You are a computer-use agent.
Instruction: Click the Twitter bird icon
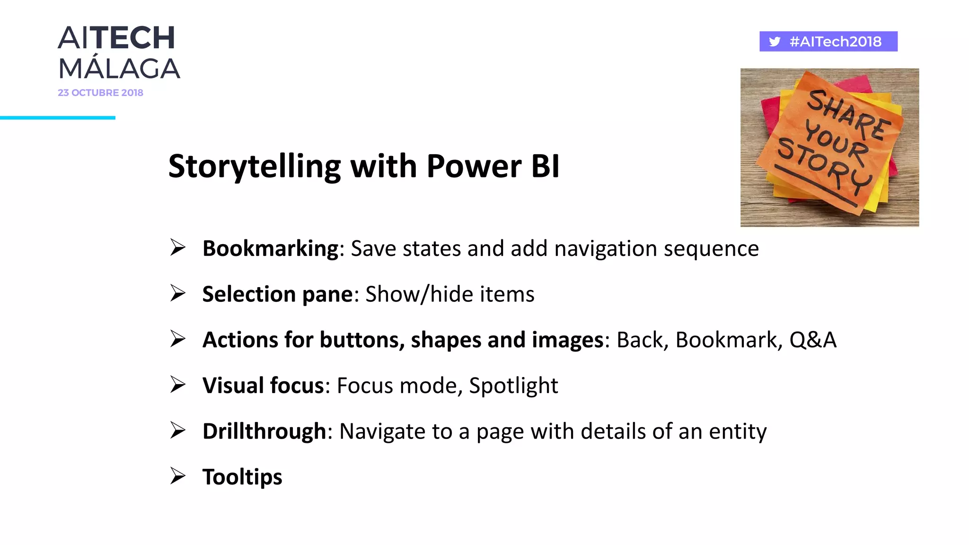coord(775,42)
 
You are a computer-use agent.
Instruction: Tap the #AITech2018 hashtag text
coord(836,42)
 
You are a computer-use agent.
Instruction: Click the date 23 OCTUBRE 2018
coord(100,93)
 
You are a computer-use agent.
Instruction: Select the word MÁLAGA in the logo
coord(119,69)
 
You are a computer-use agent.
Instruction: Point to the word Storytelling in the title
coord(254,167)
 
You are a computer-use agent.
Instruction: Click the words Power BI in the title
coord(493,167)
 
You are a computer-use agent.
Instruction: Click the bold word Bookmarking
coord(270,248)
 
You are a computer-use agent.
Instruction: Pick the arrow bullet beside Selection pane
coord(178,293)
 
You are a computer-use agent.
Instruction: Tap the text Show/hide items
coord(450,294)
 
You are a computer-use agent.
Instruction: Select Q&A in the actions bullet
coord(813,340)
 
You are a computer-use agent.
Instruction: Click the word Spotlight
coord(513,386)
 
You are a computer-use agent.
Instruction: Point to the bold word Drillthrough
coord(264,431)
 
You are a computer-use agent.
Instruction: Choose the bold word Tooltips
coord(242,477)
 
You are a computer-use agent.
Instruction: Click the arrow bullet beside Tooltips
coord(178,476)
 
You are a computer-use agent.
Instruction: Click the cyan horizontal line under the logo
coord(57,118)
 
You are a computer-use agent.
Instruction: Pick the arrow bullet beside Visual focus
coord(178,385)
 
